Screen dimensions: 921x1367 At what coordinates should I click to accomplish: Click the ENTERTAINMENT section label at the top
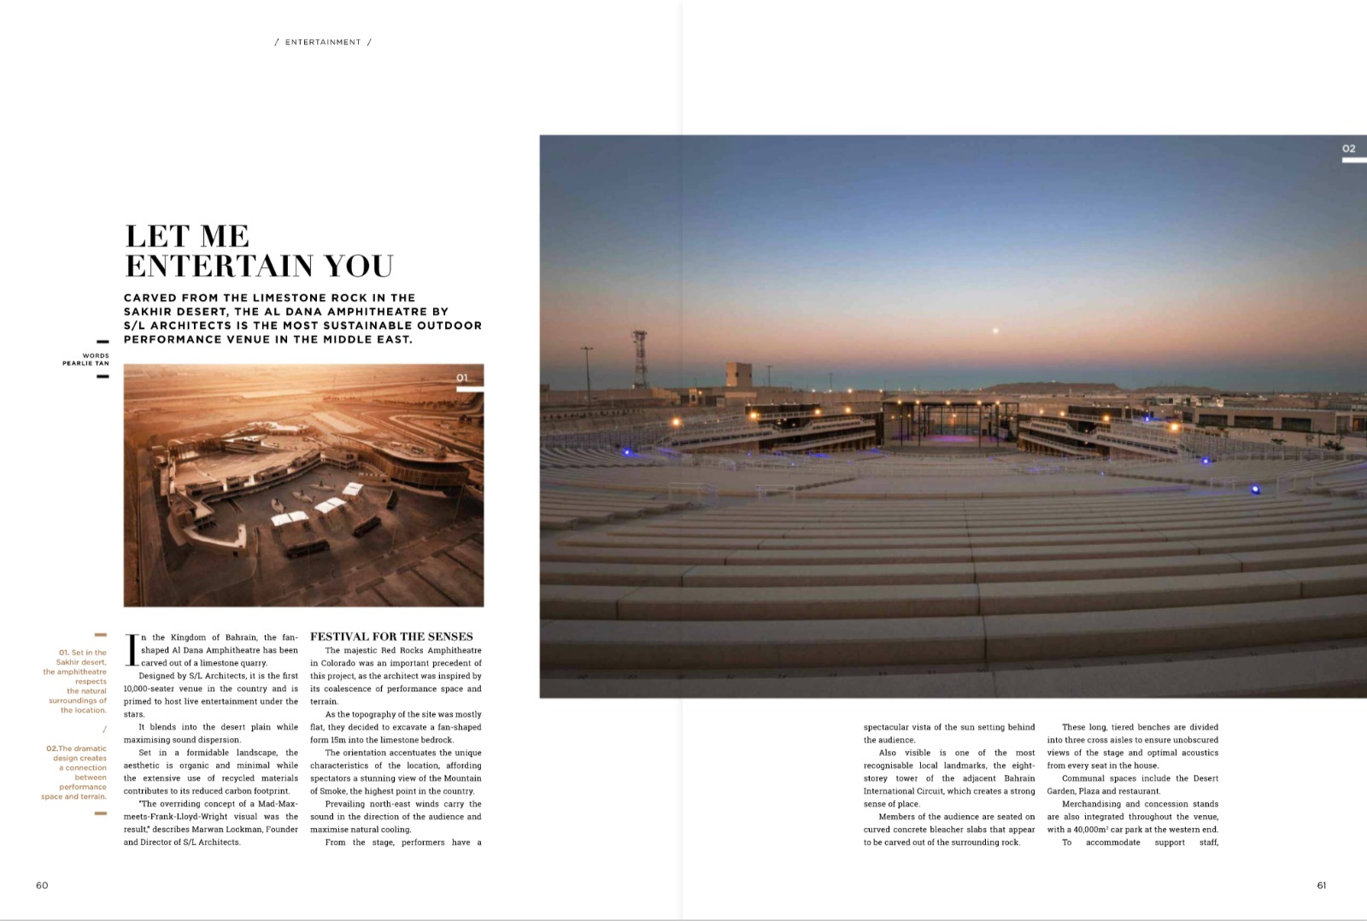click(323, 42)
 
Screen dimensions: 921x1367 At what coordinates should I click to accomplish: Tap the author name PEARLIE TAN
click(85, 363)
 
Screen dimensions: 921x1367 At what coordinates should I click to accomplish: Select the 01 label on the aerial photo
click(462, 378)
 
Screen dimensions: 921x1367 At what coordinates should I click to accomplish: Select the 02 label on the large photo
click(1348, 149)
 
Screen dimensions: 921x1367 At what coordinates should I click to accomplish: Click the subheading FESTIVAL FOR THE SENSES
click(391, 636)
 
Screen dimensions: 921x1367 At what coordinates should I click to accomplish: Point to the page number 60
click(42, 885)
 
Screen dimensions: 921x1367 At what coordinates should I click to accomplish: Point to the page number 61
click(1322, 885)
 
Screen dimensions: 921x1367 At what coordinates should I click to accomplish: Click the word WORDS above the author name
click(96, 355)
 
